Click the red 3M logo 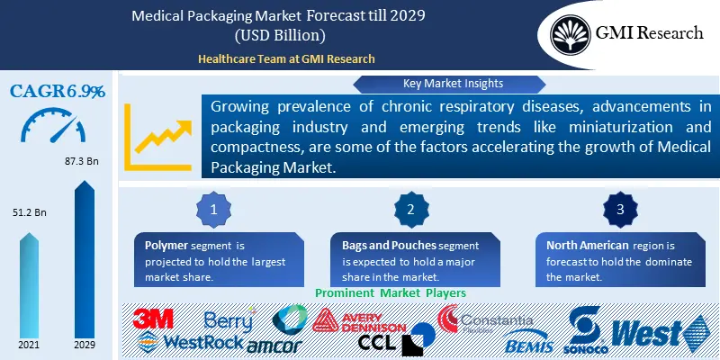[153, 319]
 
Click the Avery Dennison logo [360, 321]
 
